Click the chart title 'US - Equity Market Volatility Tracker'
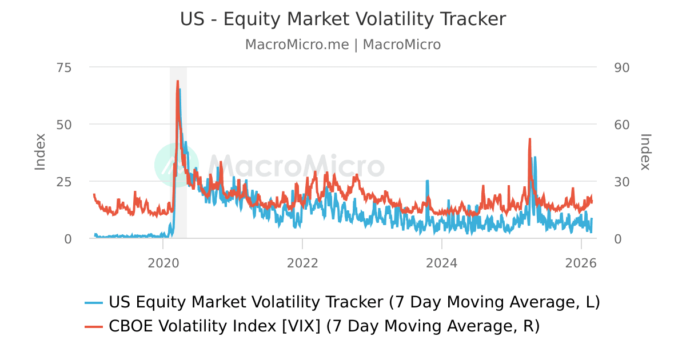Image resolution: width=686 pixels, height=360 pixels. click(343, 19)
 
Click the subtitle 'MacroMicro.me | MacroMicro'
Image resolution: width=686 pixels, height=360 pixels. click(343, 45)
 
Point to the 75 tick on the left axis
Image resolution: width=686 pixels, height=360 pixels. click(64, 67)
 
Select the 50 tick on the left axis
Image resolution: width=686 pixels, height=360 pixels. click(64, 125)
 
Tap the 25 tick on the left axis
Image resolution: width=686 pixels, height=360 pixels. click(64, 182)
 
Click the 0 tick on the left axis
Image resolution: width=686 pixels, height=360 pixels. click(68, 239)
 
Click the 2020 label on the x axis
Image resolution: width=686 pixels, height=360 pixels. click(163, 263)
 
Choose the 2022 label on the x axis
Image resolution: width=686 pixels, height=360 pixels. click(302, 263)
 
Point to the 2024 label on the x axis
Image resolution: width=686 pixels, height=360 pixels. click(442, 263)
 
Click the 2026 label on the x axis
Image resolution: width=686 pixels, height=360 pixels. click(581, 263)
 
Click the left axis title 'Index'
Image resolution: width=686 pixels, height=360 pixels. click(40, 151)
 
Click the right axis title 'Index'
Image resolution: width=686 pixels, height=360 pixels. click(645, 151)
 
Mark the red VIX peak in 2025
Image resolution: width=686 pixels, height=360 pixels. click(530, 139)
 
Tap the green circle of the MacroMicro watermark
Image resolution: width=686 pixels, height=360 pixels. click(177, 165)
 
